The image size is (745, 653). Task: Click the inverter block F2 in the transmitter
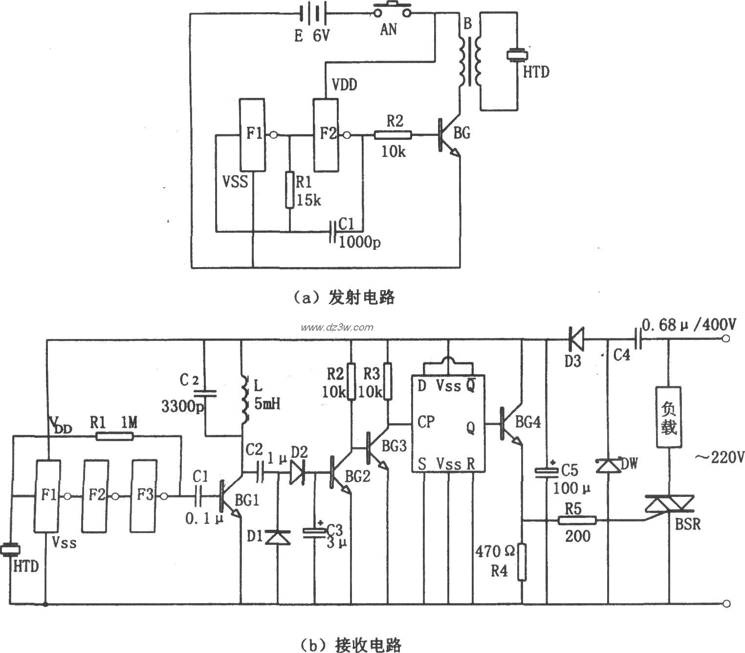pyautogui.click(x=326, y=135)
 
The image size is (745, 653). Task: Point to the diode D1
pyautogui.click(x=278, y=537)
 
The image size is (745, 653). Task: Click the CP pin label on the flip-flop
pyautogui.click(x=426, y=422)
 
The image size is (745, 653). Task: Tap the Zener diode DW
pyautogui.click(x=608, y=465)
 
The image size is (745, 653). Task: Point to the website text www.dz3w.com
pyautogui.click(x=337, y=327)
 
